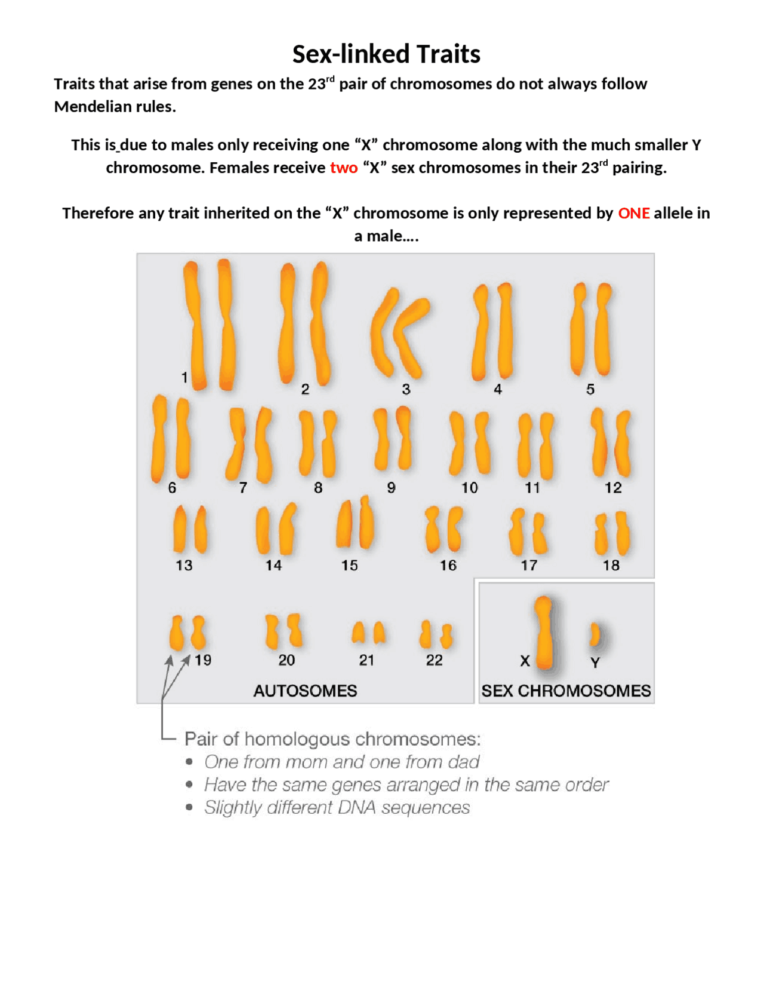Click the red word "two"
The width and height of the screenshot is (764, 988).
[343, 168]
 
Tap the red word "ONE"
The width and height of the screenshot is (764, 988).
[633, 213]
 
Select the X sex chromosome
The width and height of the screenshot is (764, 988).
[544, 632]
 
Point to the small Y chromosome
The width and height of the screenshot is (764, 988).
[594, 635]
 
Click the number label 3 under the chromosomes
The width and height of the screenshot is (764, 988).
[406, 390]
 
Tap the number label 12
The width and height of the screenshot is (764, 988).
[613, 488]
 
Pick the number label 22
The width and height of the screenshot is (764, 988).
[435, 660]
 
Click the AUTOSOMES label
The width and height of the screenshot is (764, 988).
[305, 691]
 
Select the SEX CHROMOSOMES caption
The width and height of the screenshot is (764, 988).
[566, 691]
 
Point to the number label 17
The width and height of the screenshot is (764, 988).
[529, 566]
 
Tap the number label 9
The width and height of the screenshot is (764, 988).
[391, 488]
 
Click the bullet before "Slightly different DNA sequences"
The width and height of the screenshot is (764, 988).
[189, 807]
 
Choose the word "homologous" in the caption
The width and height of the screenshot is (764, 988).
[299, 739]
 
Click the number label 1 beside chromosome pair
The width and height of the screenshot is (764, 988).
[184, 378]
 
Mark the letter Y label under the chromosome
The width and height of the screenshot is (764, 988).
[594, 663]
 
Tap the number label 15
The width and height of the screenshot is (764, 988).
[349, 566]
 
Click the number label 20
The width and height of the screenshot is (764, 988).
[286, 660]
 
